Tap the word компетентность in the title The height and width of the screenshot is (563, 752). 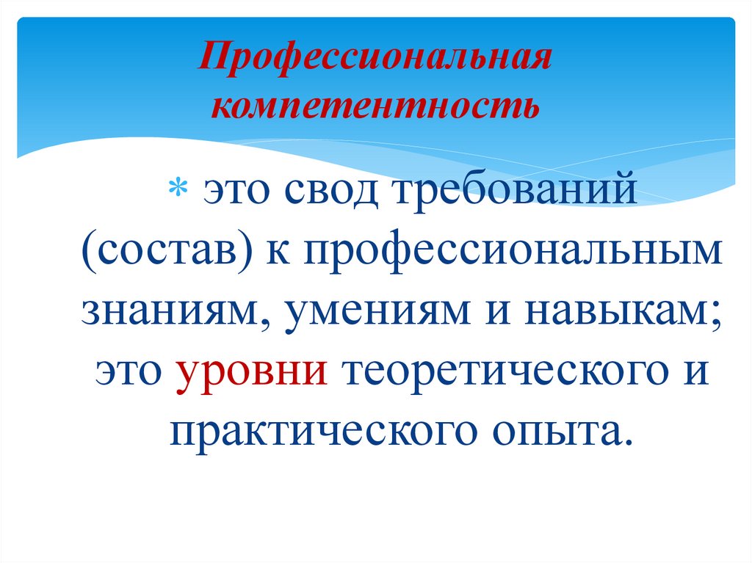(x=375, y=106)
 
